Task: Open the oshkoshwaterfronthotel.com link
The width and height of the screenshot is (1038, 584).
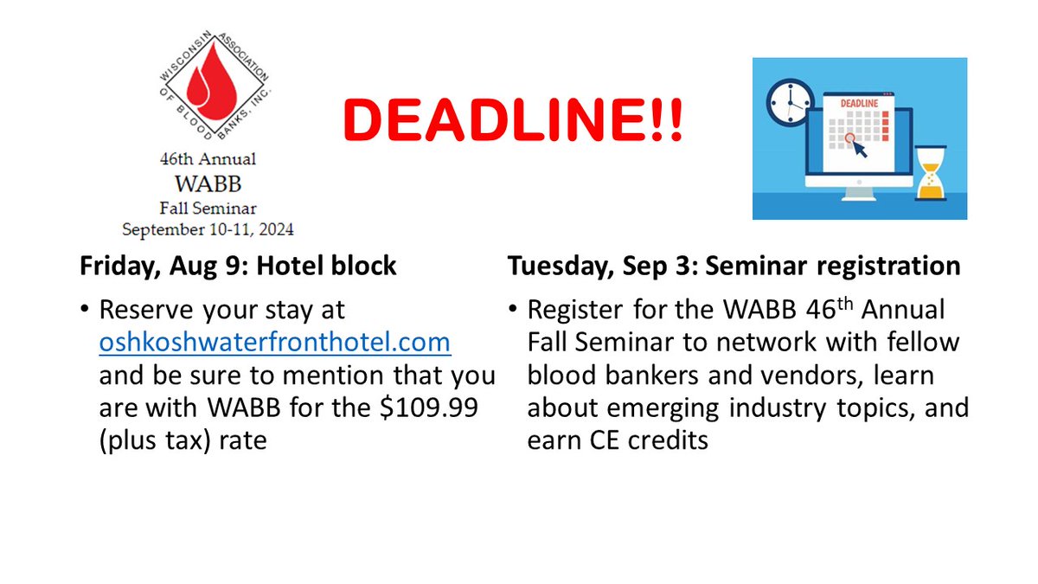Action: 275,342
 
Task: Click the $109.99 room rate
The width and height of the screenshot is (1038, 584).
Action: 443,407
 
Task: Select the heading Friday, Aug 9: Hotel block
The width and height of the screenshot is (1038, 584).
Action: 238,266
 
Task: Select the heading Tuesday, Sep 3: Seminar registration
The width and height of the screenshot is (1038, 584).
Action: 734,266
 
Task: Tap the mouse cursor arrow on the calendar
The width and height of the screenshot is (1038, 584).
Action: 860,149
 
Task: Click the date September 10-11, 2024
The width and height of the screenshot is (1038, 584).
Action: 207,230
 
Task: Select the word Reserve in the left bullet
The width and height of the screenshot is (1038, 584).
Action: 149,309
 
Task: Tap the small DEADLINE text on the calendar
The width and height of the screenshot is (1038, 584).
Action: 855,104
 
